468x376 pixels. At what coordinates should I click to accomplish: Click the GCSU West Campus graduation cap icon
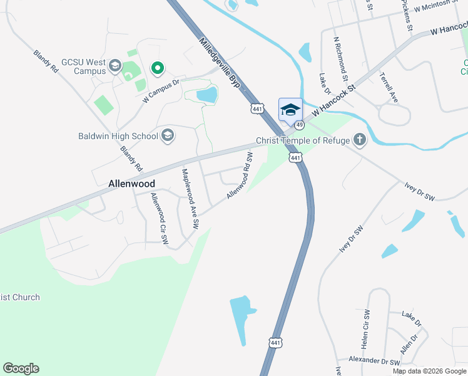(114, 65)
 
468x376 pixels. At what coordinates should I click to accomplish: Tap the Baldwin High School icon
(167, 135)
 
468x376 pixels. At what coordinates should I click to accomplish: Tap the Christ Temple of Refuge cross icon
(359, 140)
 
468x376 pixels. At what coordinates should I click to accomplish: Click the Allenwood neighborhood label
(131, 184)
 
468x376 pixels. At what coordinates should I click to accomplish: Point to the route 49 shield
(300, 125)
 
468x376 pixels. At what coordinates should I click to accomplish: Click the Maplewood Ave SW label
(190, 197)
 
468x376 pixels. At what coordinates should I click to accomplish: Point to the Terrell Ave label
(389, 88)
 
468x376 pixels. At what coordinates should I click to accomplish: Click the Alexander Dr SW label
(374, 362)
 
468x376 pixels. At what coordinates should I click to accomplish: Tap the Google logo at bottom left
(21, 368)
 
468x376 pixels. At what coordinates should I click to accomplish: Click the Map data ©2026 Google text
(429, 371)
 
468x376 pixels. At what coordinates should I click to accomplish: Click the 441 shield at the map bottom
(276, 343)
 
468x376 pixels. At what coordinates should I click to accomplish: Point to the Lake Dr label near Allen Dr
(412, 317)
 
